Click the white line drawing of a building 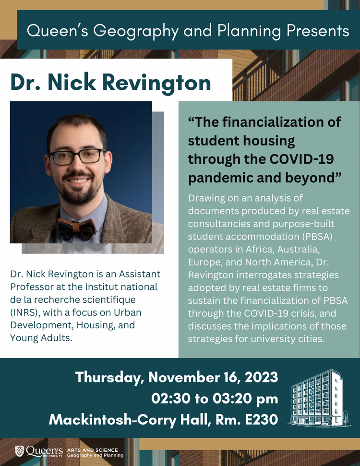pos(317,397)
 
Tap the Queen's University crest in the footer pos(19,451)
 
